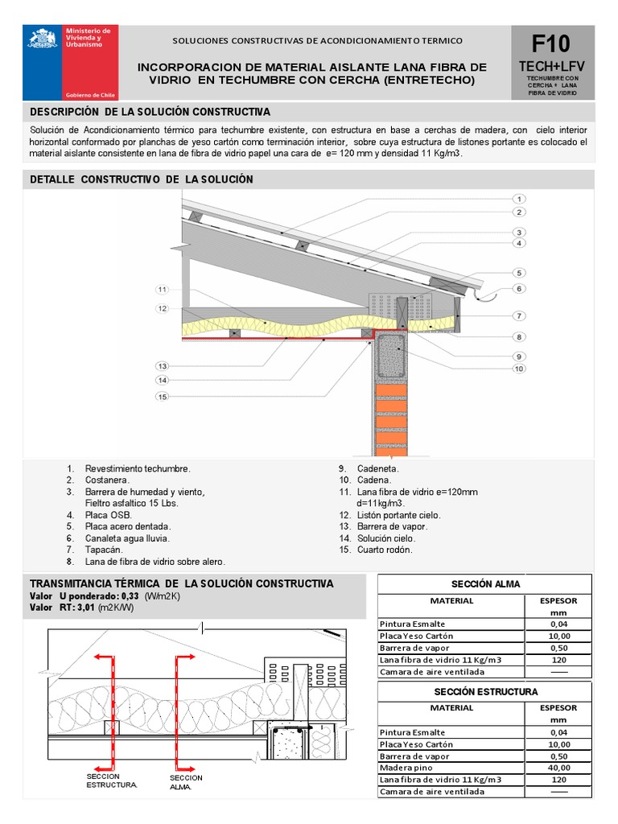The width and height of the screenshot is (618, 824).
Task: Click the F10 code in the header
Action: [551, 43]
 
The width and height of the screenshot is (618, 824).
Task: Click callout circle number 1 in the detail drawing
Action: [519, 199]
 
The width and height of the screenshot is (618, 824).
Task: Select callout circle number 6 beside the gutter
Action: [519, 288]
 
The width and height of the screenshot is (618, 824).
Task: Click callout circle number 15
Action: [162, 396]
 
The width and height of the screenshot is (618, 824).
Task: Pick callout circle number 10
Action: [519, 369]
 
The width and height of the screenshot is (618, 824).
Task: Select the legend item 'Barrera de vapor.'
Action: [392, 526]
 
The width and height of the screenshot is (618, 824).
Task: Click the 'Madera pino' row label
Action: [406, 768]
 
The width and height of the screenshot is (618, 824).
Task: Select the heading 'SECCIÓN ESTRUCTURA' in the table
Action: [486, 691]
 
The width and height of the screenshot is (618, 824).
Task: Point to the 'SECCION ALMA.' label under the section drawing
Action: [186, 782]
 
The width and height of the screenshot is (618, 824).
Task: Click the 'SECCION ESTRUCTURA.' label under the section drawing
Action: [112, 780]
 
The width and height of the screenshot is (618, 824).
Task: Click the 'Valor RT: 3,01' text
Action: [81, 608]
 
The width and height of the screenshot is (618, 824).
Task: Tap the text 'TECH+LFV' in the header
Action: [551, 65]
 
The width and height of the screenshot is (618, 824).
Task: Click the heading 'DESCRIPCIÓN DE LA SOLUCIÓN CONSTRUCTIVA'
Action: [150, 112]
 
